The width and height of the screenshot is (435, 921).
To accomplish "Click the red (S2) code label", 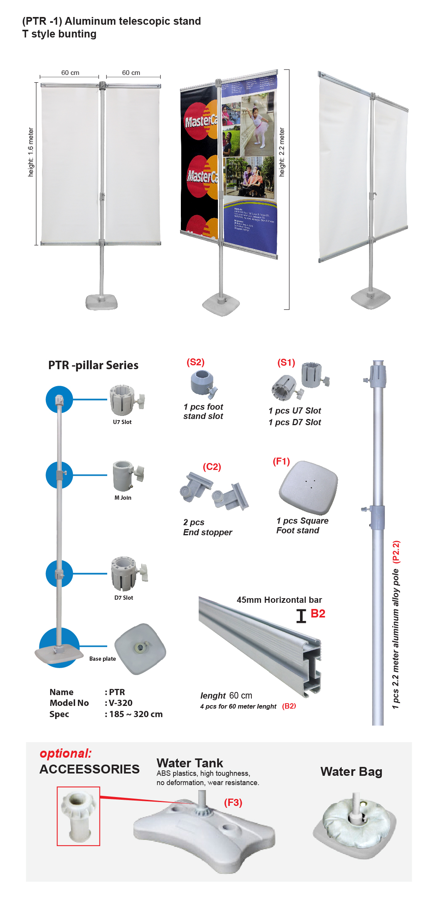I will [x=196, y=362].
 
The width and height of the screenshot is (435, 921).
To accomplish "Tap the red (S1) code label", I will [x=286, y=363].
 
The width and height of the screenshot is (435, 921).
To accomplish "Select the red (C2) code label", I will [x=212, y=467].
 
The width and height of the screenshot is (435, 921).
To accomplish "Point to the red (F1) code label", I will [x=281, y=461].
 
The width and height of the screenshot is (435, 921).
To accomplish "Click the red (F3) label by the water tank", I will [x=233, y=802].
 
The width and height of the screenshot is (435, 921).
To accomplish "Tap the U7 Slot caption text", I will [x=122, y=422].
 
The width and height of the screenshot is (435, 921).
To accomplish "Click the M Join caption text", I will [x=123, y=498].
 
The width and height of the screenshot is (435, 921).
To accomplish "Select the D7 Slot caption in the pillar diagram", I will [x=123, y=598].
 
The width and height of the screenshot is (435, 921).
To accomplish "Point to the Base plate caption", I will [x=103, y=659].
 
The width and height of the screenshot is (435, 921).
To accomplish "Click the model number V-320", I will [x=120, y=703].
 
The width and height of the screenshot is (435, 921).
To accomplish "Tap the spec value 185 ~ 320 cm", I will [x=136, y=714].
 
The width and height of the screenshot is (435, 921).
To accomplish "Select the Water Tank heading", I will [x=190, y=763].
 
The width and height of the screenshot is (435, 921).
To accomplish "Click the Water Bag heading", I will [x=351, y=772].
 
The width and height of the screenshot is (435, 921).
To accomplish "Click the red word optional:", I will [x=66, y=753].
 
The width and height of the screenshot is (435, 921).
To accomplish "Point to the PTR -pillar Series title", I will [x=93, y=365].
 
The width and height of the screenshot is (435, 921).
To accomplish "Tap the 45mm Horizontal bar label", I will [x=279, y=600].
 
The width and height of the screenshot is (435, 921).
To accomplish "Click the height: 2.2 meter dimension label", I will [x=282, y=152].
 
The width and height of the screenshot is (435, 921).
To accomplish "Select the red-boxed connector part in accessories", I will [x=79, y=816].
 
